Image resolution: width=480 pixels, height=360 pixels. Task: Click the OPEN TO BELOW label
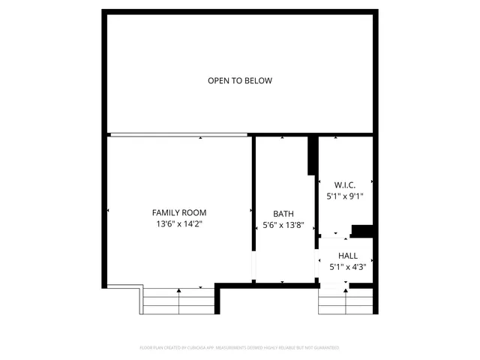(x=239, y=81)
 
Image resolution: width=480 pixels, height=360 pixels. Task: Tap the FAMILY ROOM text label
(x=179, y=212)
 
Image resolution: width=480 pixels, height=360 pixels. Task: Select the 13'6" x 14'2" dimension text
(x=179, y=223)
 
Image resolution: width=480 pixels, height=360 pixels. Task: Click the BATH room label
(x=283, y=213)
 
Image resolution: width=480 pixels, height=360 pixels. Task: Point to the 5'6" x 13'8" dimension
(x=283, y=224)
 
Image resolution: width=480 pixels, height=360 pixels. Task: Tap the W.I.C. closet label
(x=344, y=184)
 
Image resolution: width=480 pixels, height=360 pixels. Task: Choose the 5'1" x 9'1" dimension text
(x=344, y=196)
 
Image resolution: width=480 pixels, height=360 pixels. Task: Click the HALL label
(x=347, y=256)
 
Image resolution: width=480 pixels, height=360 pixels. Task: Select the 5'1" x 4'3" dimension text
(x=347, y=267)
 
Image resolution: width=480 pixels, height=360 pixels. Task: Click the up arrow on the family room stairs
(x=178, y=291)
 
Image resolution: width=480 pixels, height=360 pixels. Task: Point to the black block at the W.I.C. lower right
(x=362, y=230)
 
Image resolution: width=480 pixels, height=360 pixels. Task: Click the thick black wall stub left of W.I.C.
(x=312, y=156)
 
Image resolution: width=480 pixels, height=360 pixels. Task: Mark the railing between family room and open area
(x=178, y=135)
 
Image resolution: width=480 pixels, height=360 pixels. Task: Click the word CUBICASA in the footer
(x=205, y=348)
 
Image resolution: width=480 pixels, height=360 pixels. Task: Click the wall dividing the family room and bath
(x=253, y=195)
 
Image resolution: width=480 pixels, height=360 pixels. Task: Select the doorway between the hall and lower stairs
(x=334, y=285)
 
